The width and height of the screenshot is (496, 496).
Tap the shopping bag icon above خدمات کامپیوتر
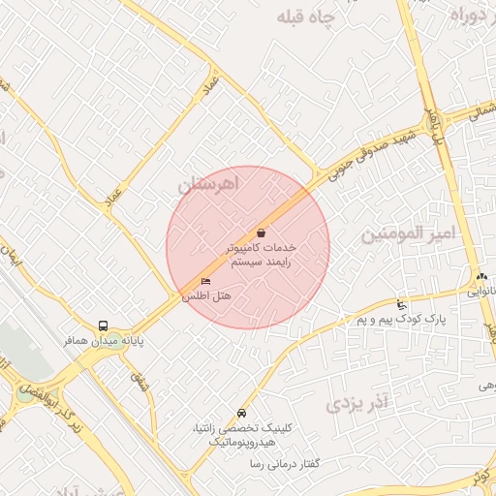tap(262, 232)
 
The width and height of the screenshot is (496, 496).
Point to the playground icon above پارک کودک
tap(402, 306)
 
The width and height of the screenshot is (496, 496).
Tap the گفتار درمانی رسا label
tap(284, 465)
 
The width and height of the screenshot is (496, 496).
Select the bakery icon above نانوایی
tap(482, 277)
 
